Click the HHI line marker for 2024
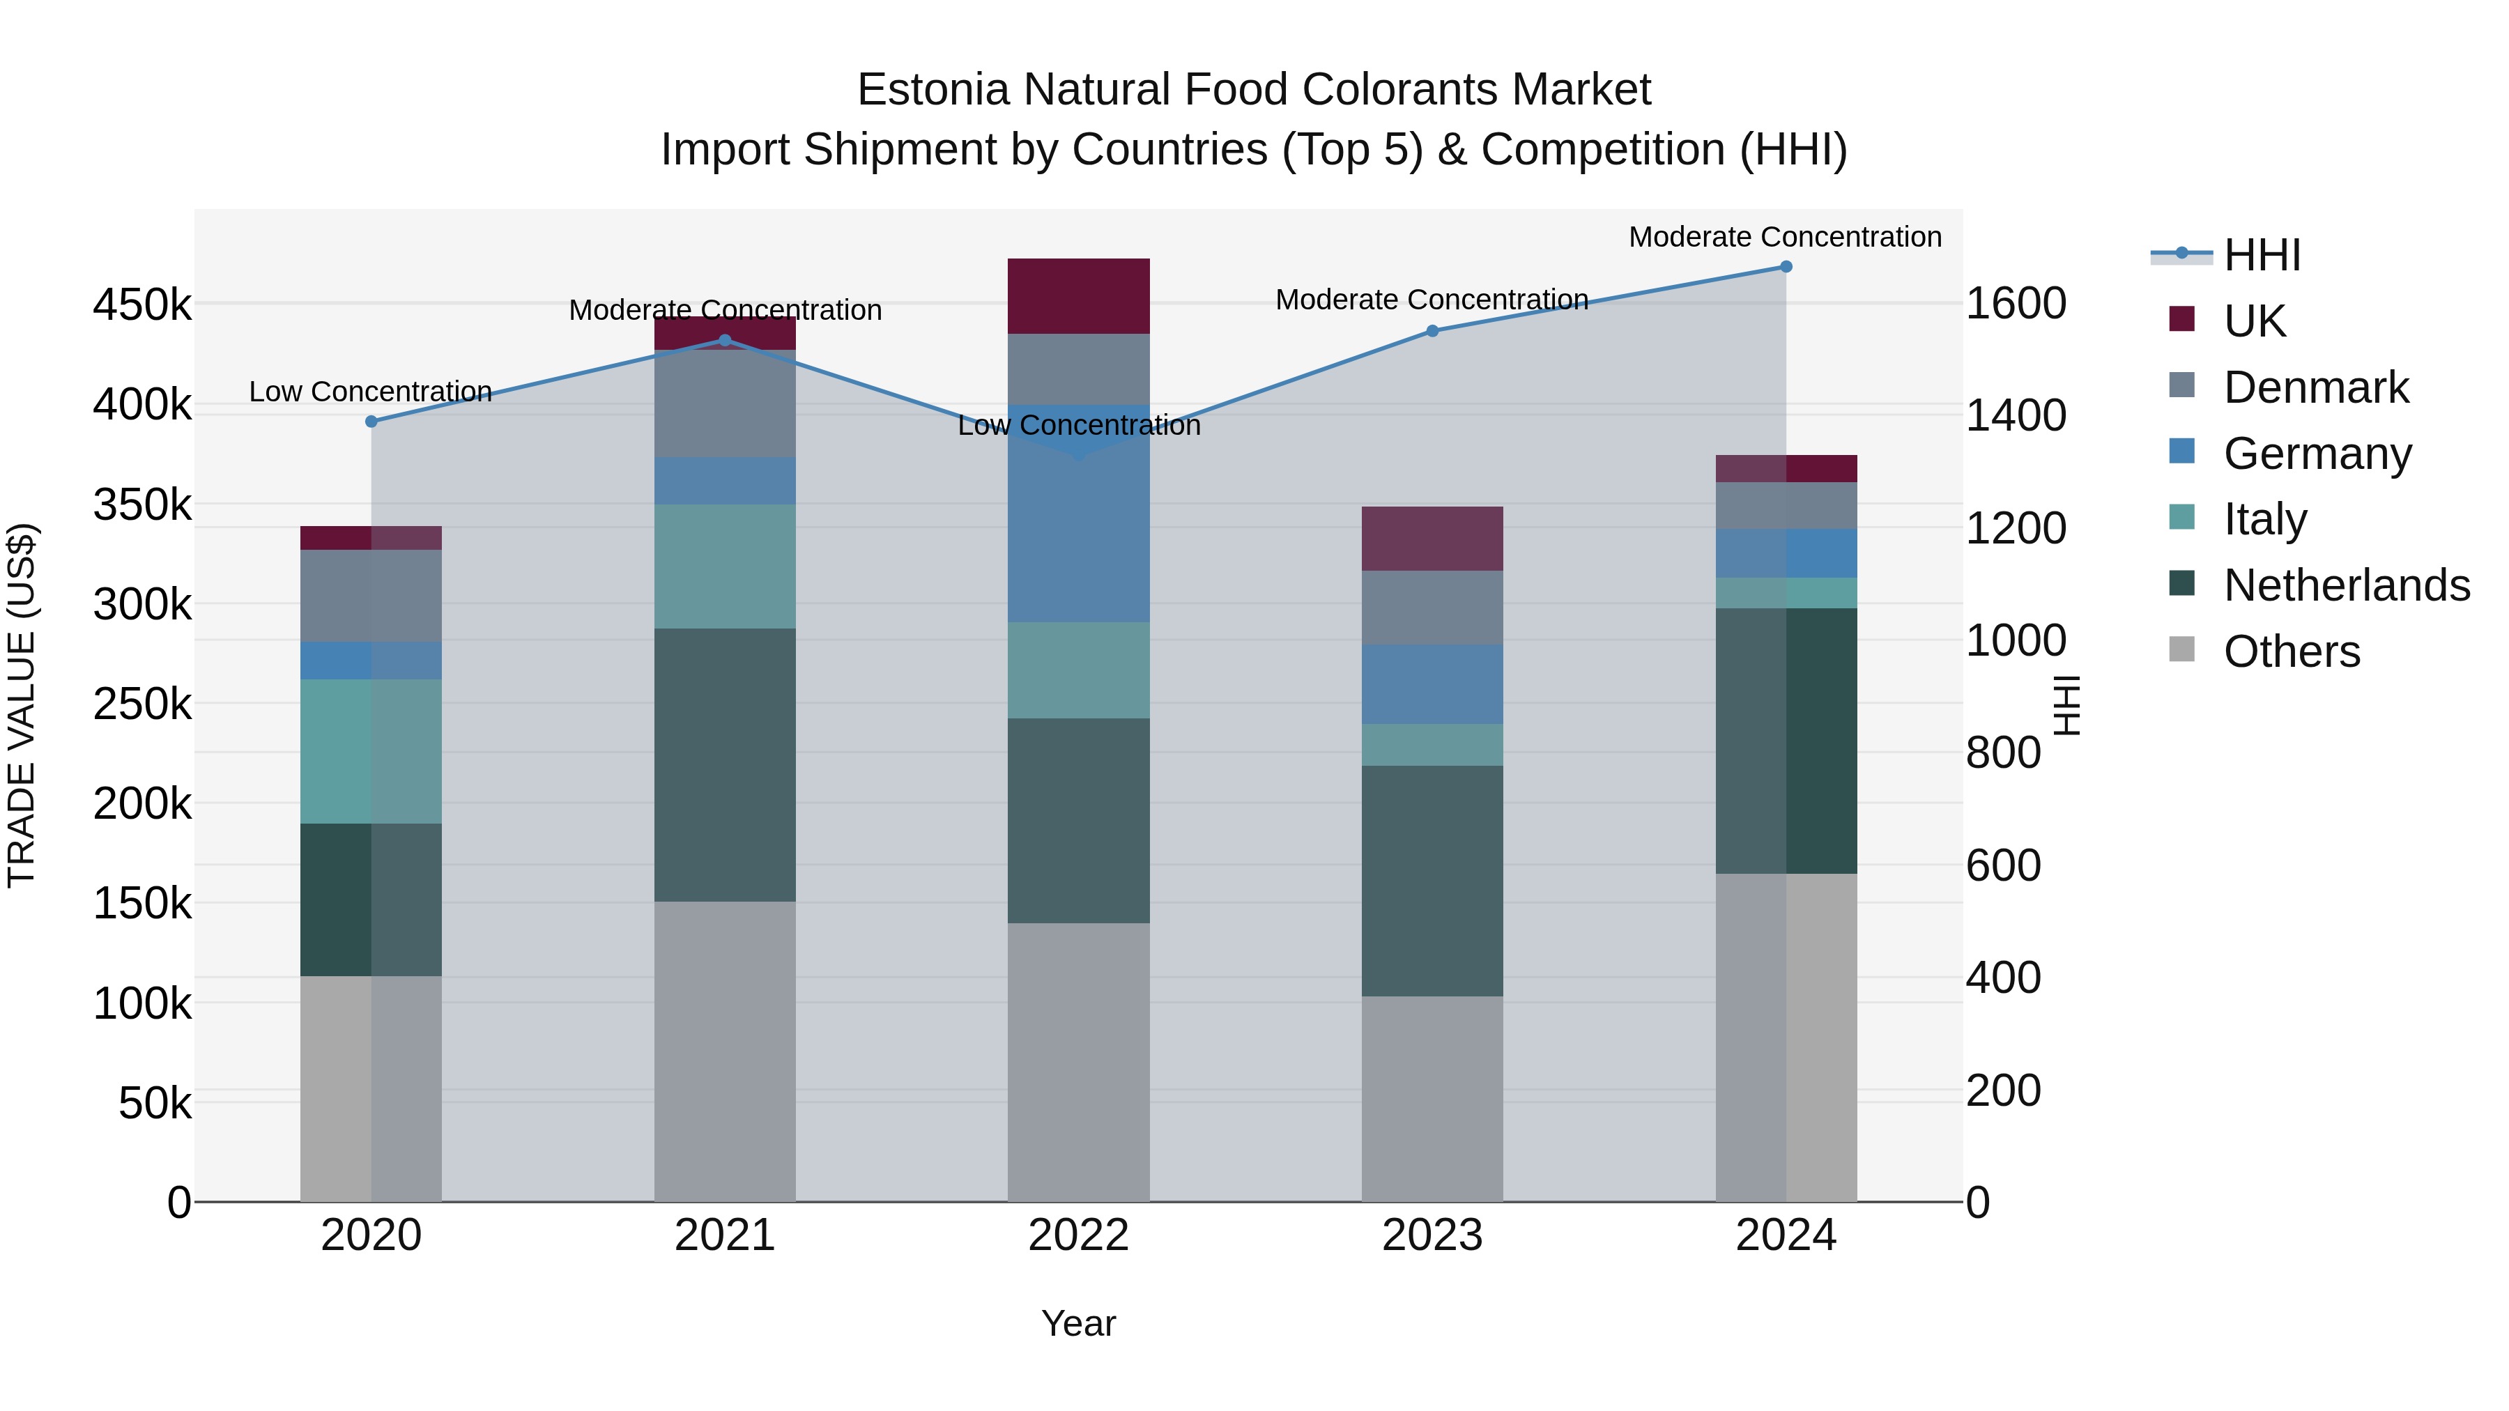(x=1786, y=267)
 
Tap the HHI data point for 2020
(x=371, y=422)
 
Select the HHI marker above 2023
(x=1432, y=331)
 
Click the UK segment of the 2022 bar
(x=1078, y=296)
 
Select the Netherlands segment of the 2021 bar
(x=725, y=764)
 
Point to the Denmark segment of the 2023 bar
(x=1432, y=607)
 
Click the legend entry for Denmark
(x=2315, y=387)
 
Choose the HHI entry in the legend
(x=2262, y=255)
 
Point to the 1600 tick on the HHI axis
(x=2015, y=304)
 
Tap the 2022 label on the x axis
(x=1078, y=1235)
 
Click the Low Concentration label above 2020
(x=370, y=392)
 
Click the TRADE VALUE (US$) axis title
(x=22, y=705)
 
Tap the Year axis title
(x=1078, y=1323)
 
